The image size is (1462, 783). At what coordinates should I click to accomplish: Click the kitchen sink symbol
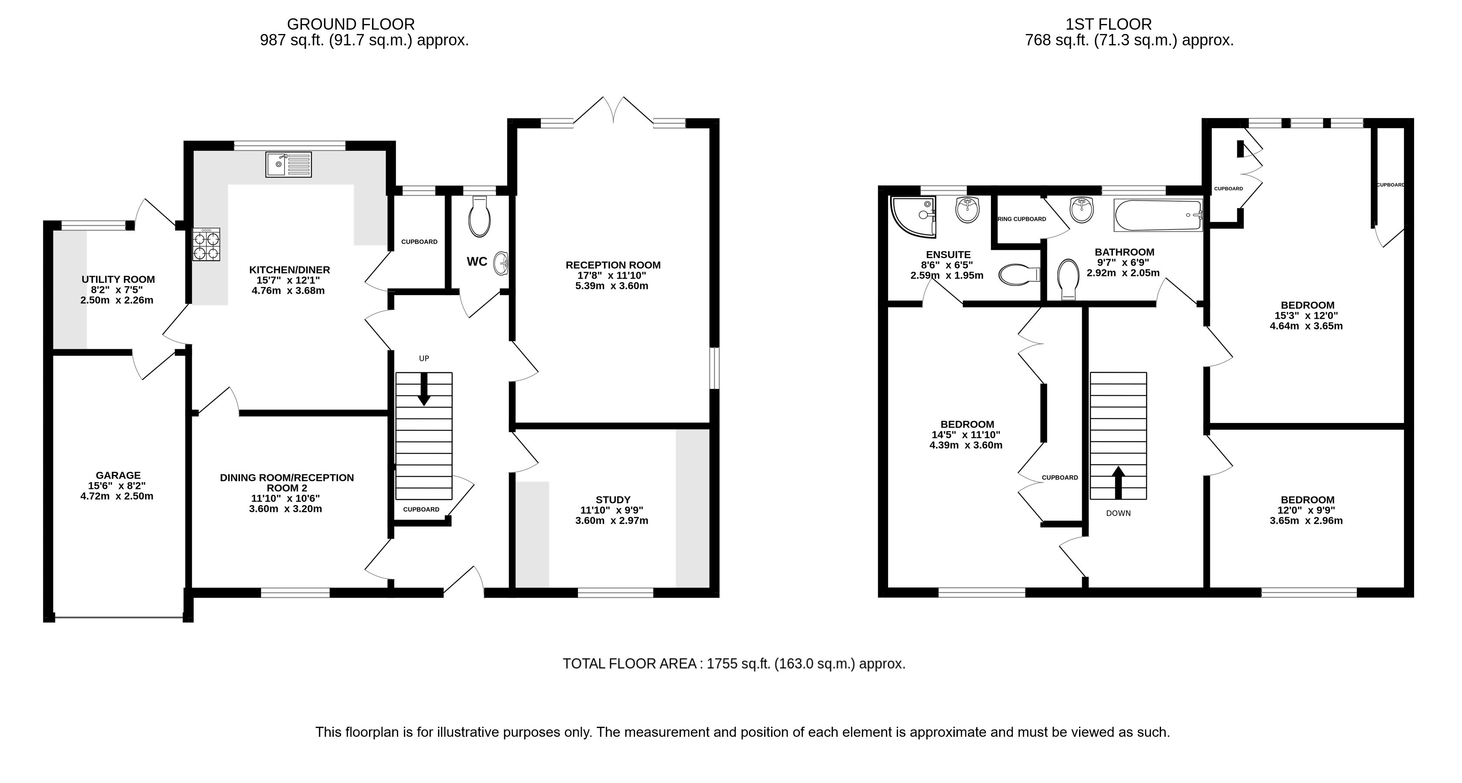pos(288,164)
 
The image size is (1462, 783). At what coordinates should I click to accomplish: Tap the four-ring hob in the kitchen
pos(206,245)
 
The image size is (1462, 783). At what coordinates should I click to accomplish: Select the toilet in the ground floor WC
pos(480,217)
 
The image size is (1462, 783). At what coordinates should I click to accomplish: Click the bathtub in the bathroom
pos(1158,215)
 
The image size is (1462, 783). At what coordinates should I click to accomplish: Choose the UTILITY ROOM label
pos(118,279)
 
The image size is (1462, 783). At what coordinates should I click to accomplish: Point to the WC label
pos(477,262)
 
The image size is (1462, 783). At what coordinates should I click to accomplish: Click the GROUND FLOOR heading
pos(351,24)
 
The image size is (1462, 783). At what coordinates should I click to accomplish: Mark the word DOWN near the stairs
pos(1118,514)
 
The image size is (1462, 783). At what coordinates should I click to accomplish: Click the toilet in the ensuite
pos(1019,275)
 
